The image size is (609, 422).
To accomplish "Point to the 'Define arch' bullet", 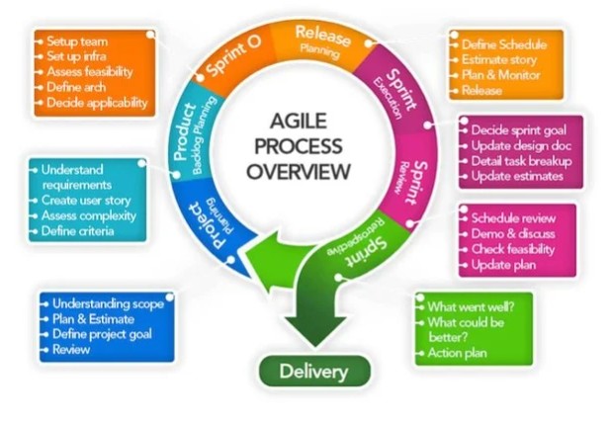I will click(78, 88).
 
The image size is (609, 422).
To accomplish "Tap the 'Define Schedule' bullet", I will click(506, 45).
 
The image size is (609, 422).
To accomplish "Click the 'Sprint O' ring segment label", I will click(233, 60).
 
